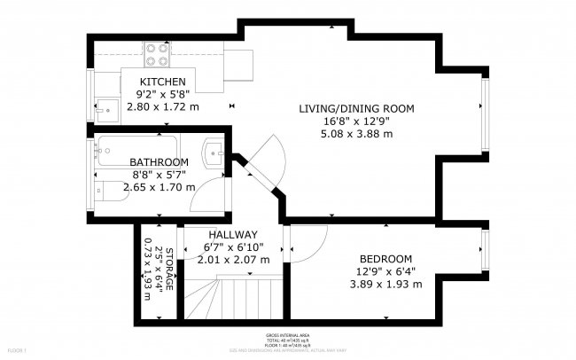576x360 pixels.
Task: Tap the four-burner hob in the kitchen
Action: pyautogui.click(x=158, y=56)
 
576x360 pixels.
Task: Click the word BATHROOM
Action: pyautogui.click(x=159, y=162)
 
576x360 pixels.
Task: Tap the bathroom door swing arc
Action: pyautogui.click(x=207, y=191)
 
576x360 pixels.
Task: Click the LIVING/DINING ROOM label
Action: pyautogui.click(x=356, y=109)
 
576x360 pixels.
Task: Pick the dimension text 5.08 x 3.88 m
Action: pyautogui.click(x=356, y=134)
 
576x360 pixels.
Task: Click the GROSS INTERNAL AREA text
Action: pyautogui.click(x=287, y=335)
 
